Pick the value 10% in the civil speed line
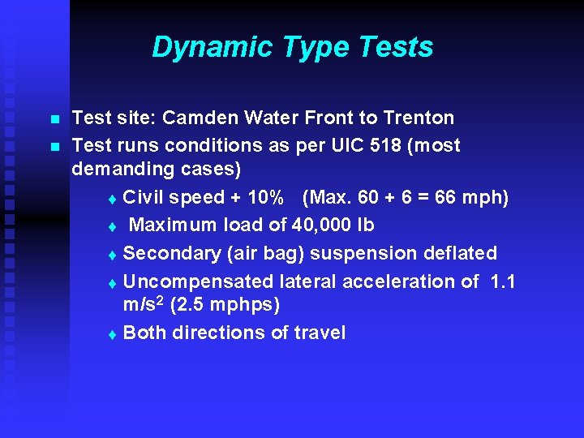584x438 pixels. coord(264,198)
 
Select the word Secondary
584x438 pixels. coord(165,253)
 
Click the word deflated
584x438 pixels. coord(460,253)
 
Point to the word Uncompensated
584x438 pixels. coord(199,281)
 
